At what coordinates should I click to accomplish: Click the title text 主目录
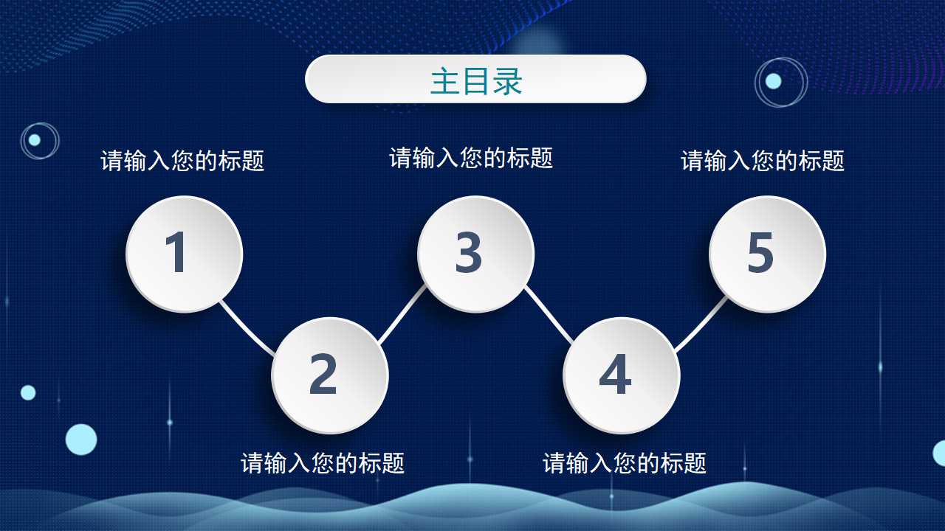pos(476,81)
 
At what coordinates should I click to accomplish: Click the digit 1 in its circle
pos(176,253)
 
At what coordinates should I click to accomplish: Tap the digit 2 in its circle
pos(323,374)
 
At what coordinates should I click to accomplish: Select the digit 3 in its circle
pos(469,253)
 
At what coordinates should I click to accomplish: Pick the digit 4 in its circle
pos(614,374)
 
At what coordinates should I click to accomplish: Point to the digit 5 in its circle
pos(760,253)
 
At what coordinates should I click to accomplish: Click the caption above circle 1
pos(182,161)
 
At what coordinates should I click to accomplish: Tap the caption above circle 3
pos(471,158)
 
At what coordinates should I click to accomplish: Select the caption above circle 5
pos(763,161)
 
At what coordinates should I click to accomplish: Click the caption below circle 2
pos(323,463)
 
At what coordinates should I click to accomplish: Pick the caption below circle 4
pos(625,463)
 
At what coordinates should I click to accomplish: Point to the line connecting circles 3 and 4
pos(548,315)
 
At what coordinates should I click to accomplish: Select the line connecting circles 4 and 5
pos(701,324)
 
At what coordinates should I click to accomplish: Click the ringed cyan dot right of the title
pos(773,81)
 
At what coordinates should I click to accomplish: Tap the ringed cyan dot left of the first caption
pos(35,140)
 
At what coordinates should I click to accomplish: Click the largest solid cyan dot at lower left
pos(81,440)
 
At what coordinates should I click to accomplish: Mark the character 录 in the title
pos(508,81)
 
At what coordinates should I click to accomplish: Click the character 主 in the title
pos(444,81)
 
